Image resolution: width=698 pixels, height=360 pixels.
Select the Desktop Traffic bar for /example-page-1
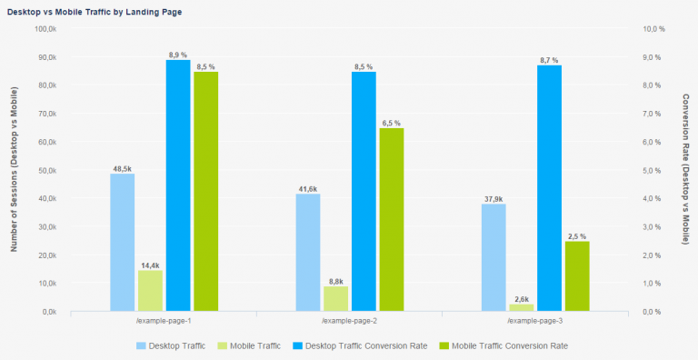click(x=123, y=242)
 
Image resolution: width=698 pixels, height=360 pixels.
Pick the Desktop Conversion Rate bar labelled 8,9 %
click(x=178, y=185)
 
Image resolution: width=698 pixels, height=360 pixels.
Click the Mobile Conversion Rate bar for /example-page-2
click(x=392, y=219)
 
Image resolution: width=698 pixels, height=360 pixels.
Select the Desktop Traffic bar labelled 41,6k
click(x=308, y=252)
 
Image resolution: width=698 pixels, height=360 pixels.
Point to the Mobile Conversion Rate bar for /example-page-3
click(x=577, y=275)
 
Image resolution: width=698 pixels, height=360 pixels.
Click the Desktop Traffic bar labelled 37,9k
click(x=494, y=257)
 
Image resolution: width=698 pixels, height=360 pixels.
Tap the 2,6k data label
click(x=522, y=298)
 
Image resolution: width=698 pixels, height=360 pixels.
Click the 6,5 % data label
click(x=392, y=123)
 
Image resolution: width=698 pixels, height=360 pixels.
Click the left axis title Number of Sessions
click(x=15, y=169)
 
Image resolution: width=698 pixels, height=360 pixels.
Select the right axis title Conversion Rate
click(x=685, y=169)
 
